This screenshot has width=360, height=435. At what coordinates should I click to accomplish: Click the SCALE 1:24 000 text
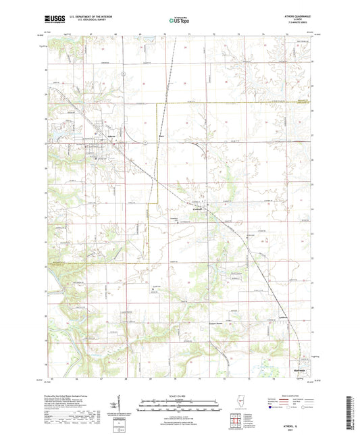[180, 396]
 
